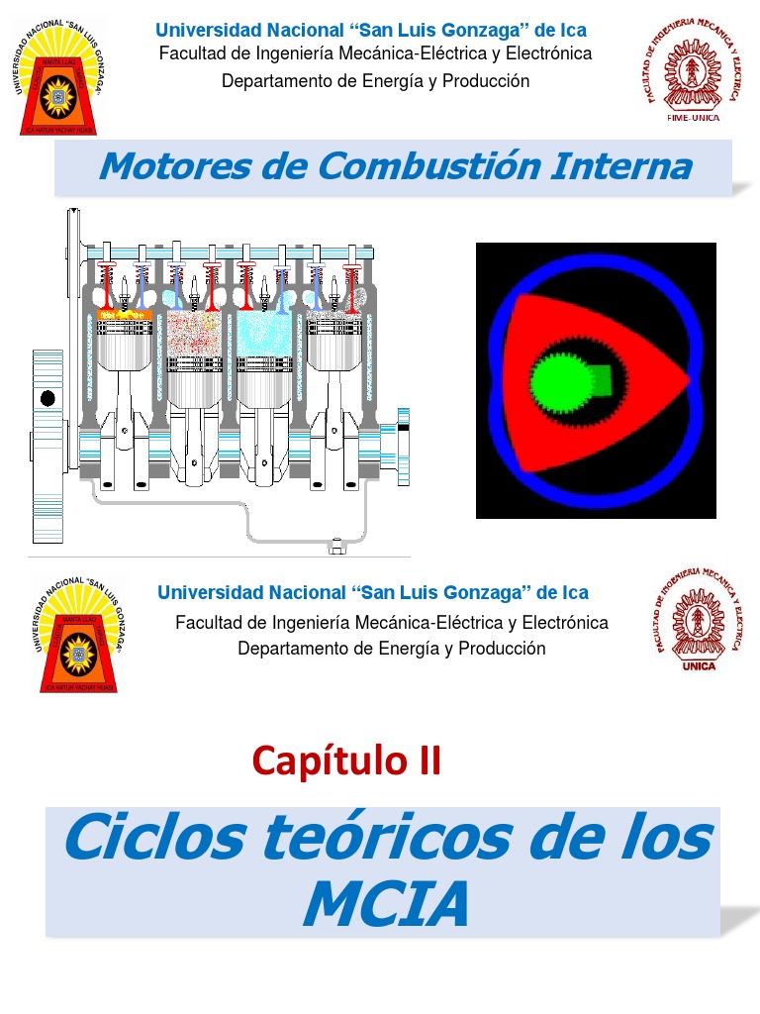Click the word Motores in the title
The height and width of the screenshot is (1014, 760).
[x=160, y=166]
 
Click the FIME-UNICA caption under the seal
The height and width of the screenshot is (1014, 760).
[x=694, y=117]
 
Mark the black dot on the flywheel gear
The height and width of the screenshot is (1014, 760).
[x=47, y=399]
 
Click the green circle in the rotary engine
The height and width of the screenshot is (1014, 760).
[x=561, y=381]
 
